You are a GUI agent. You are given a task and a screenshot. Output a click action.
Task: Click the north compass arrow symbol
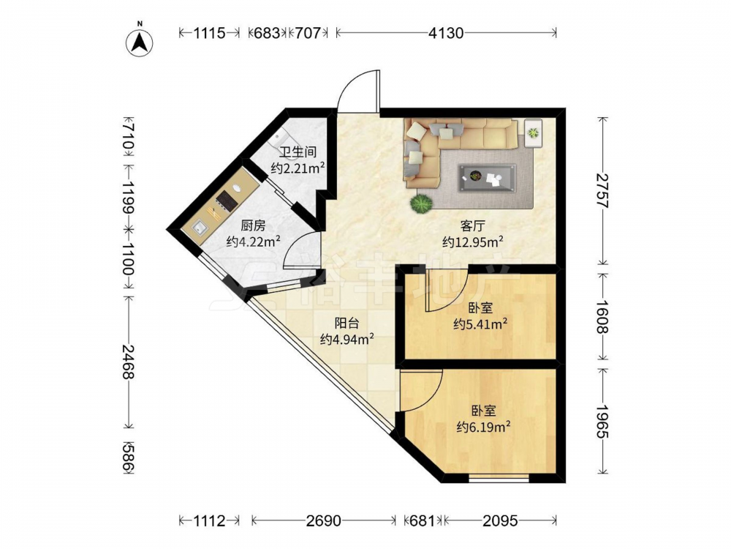coord(140,42)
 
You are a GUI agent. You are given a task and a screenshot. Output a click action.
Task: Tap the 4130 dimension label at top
coord(446,33)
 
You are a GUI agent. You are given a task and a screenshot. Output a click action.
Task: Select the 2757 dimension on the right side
coord(603,190)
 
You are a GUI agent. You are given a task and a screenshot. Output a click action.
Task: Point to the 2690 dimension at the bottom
coord(324,520)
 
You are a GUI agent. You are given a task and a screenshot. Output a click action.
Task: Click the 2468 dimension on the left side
coord(128,362)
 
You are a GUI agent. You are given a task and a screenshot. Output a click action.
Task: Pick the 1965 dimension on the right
coord(603,422)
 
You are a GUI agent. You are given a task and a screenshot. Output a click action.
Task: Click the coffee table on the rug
coord(487,178)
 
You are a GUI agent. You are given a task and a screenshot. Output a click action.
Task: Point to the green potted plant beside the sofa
coord(422,204)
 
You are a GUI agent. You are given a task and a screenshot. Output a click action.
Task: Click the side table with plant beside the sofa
coord(533,133)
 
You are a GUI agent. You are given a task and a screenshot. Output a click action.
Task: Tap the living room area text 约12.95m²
coord(473,242)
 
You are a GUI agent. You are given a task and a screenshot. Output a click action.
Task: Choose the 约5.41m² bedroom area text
coord(480,324)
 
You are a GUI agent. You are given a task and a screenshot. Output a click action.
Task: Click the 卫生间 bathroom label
coord(298,152)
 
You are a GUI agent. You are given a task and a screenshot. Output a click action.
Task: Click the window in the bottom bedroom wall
coord(499,478)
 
